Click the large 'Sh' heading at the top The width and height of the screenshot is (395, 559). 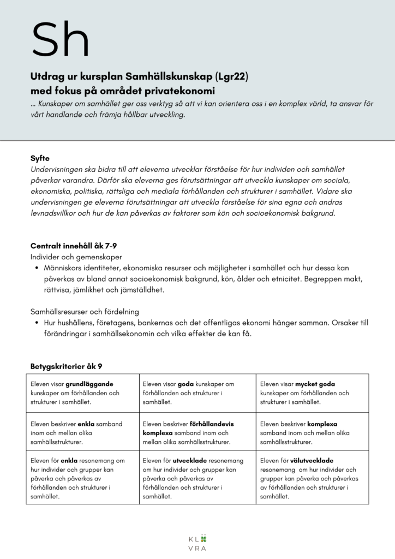[x=60, y=38]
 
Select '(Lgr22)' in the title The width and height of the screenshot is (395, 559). [x=232, y=78]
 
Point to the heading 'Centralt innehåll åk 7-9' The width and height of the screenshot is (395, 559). [x=74, y=246]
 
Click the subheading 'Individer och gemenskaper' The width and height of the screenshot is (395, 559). [x=76, y=257]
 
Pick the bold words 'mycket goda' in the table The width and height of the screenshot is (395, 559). [x=315, y=384]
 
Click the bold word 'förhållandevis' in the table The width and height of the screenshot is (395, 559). [x=213, y=424]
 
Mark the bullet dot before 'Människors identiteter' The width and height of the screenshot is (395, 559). [x=36, y=268]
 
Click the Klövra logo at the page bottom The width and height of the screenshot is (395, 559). [x=197, y=542]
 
